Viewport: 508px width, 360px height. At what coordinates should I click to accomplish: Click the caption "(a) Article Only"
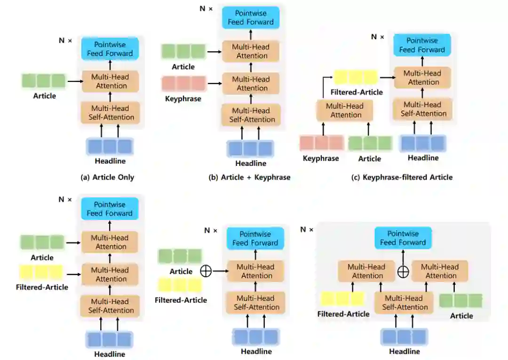(108, 177)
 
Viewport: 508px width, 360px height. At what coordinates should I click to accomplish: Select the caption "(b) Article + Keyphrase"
(250, 177)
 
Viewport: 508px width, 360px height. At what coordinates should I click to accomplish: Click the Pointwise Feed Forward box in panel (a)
(110, 49)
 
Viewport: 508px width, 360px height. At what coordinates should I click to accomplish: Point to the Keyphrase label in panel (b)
(183, 99)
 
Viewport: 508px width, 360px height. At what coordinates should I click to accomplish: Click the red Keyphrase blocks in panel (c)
(322, 143)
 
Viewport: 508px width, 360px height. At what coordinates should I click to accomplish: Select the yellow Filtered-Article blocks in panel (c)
(356, 77)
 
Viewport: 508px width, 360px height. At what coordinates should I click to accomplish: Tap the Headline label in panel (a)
(110, 161)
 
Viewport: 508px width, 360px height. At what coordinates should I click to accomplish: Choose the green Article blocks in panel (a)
(44, 81)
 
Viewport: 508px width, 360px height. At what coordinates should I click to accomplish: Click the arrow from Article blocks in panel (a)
(74, 81)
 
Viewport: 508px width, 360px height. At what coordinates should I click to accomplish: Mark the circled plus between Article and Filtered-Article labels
(206, 271)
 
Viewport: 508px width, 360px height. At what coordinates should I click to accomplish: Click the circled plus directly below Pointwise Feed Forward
(403, 271)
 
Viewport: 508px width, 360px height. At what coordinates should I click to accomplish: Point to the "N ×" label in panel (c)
(378, 37)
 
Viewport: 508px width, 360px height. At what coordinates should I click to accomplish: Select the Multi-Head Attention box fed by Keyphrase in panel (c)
(346, 110)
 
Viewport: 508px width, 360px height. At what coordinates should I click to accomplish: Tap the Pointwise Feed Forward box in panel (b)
(251, 18)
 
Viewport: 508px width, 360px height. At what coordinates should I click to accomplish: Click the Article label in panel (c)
(370, 158)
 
